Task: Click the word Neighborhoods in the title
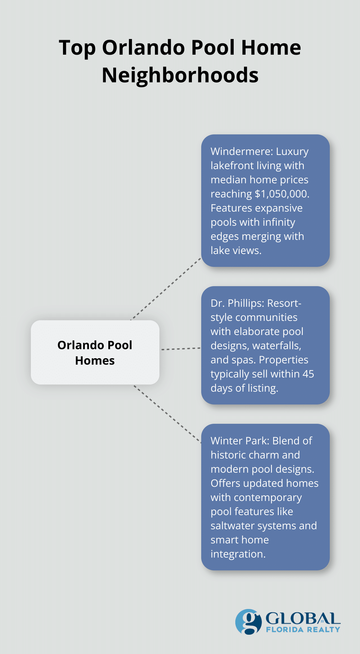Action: click(180, 75)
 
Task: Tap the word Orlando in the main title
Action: click(144, 48)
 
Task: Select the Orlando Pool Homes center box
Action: click(95, 352)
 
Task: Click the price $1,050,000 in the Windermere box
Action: click(282, 194)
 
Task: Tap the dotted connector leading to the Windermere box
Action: click(166, 289)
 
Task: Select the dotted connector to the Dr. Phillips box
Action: click(180, 349)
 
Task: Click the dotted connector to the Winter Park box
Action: click(167, 414)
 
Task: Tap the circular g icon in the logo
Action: click(248, 622)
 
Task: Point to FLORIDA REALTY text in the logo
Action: click(303, 630)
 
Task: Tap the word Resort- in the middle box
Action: click(284, 303)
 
